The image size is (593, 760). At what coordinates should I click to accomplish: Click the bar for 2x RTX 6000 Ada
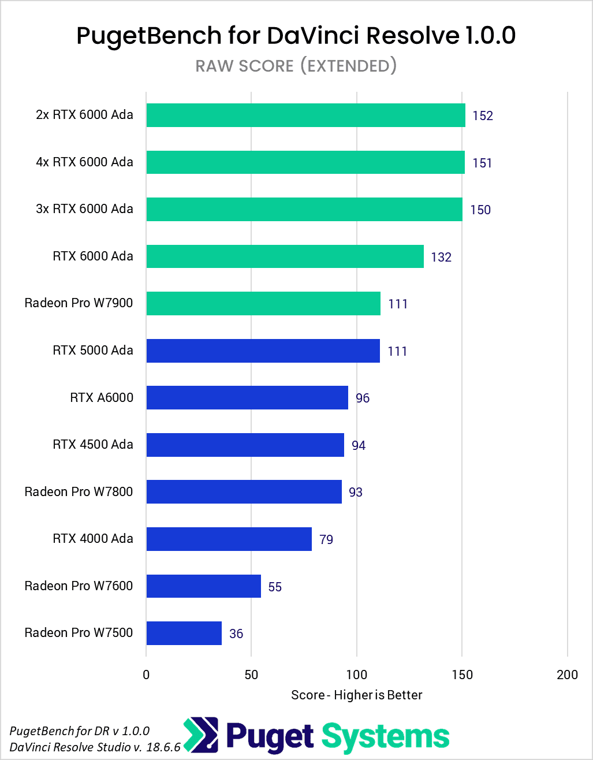tap(305, 115)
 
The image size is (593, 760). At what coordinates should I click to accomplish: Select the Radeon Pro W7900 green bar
tap(263, 303)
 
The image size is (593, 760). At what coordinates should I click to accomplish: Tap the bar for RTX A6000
tap(247, 397)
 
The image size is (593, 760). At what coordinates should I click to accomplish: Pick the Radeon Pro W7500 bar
tap(184, 633)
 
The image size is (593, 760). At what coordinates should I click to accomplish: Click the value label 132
tap(441, 257)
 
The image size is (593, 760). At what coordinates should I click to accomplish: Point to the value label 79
tap(326, 539)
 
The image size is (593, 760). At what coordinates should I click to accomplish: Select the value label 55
tap(275, 587)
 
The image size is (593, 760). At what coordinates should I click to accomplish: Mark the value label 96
tap(363, 398)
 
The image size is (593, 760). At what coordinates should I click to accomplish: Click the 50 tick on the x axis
tap(251, 675)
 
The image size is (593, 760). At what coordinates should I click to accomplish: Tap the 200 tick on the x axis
tap(567, 675)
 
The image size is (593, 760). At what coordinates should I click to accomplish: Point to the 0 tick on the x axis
tap(146, 675)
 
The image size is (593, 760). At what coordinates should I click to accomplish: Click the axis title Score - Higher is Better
tap(357, 695)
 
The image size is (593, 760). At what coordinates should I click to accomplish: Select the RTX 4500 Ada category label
tap(93, 444)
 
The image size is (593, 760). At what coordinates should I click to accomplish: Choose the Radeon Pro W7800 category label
tap(79, 491)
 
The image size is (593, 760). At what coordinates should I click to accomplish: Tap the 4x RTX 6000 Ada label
tap(84, 162)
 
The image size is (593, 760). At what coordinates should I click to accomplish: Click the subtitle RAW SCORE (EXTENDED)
tap(296, 66)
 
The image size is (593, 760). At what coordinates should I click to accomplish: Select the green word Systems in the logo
tap(385, 737)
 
